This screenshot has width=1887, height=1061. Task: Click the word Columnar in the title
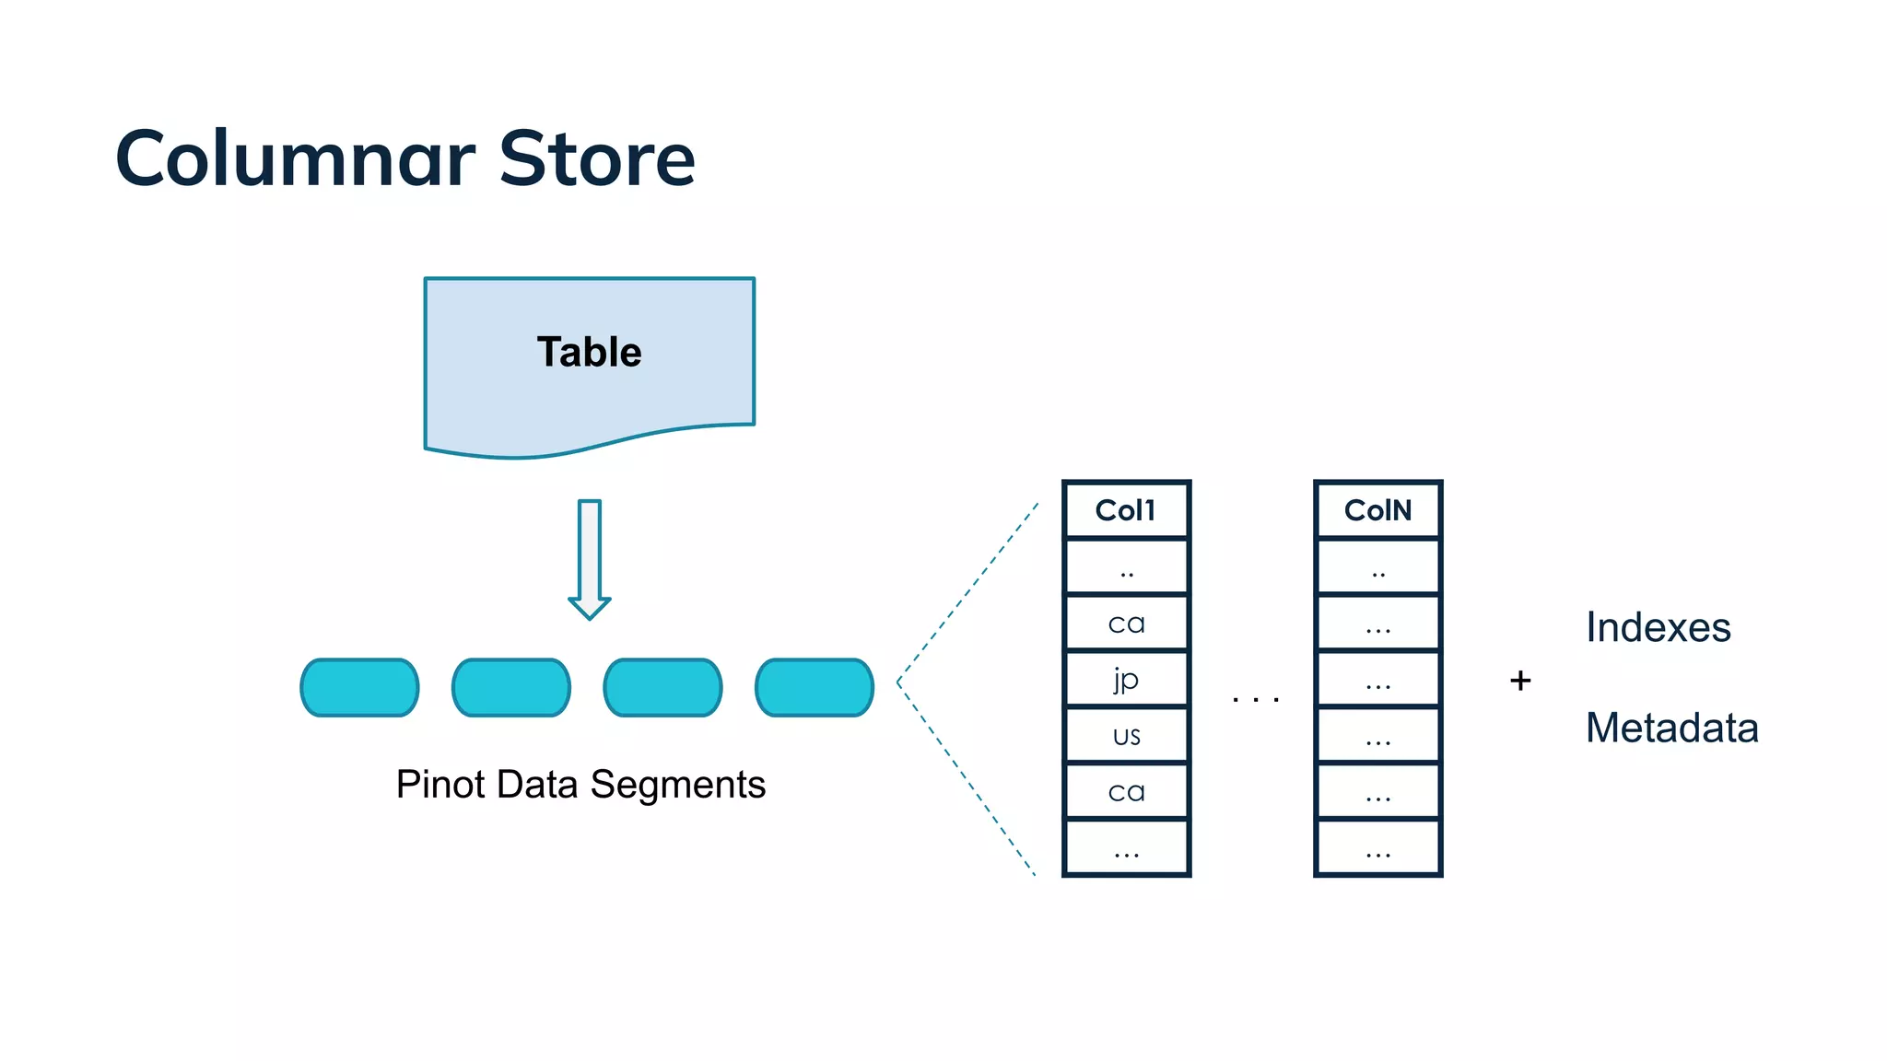pos(295,158)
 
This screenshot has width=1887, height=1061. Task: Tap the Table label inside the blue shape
pos(589,352)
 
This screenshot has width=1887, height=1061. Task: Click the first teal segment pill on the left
pos(359,687)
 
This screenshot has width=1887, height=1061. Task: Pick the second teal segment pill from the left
pos(511,687)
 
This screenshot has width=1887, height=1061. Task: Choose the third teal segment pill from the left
pos(662,687)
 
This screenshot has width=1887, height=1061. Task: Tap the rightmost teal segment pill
pos(815,687)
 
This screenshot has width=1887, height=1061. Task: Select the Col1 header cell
pos(1126,510)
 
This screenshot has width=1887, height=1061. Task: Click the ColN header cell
pos(1377,510)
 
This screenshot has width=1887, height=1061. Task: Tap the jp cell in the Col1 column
pos(1126,680)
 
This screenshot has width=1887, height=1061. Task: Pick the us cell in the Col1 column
pos(1126,736)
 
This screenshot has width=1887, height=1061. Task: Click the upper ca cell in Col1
pos(1126,624)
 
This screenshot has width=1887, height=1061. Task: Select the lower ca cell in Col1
pos(1126,792)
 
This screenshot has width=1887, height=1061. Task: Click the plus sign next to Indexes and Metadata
pos(1520,681)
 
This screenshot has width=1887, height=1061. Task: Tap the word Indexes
pos(1658,627)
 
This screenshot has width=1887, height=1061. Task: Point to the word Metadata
pos(1671,728)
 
